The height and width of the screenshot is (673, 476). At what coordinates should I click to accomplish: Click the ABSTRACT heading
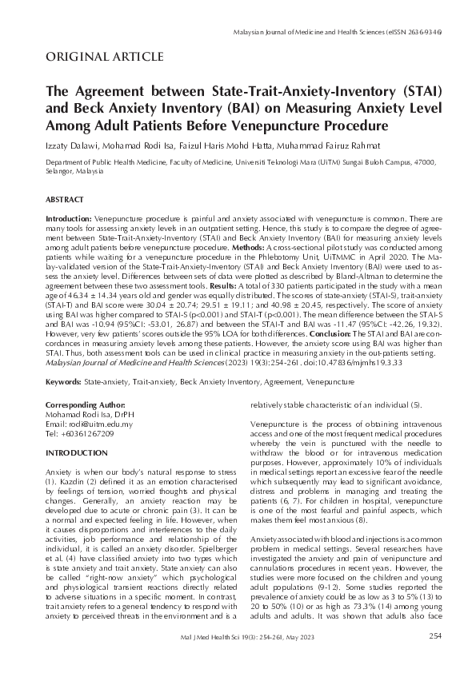(66, 197)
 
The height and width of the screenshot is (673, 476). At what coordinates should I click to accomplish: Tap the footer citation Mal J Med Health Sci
(214, 658)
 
